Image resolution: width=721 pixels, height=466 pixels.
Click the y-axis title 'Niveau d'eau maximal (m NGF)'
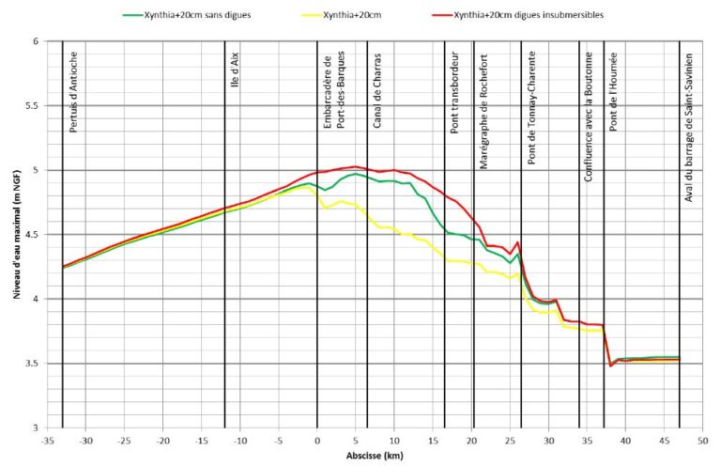click(x=16, y=235)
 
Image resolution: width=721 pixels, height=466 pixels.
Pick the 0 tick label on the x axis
click(x=317, y=439)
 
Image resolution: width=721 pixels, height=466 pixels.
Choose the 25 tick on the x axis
click(x=510, y=439)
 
